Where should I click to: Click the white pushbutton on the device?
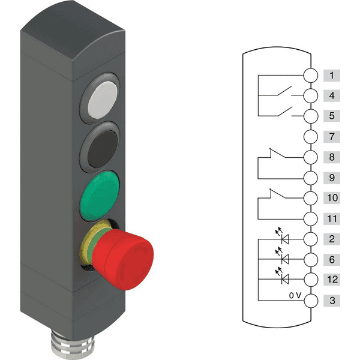click(103, 100)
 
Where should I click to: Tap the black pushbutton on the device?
click(103, 149)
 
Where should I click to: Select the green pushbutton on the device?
click(100, 196)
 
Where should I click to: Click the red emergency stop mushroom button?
click(123, 259)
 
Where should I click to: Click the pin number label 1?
click(332, 76)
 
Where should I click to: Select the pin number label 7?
click(332, 137)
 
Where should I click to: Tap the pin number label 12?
click(332, 280)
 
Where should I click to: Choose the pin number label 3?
click(332, 301)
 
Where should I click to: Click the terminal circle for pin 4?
click(311, 95)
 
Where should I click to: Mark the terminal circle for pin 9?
click(311, 178)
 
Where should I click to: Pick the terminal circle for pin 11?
click(311, 218)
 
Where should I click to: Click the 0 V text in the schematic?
click(295, 295)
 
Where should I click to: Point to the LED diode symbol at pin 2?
click(283, 236)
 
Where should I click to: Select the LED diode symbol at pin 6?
click(283, 256)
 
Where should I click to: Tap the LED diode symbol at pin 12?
click(283, 276)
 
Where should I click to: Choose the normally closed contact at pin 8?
click(278, 153)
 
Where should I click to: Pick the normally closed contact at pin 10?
click(278, 193)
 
